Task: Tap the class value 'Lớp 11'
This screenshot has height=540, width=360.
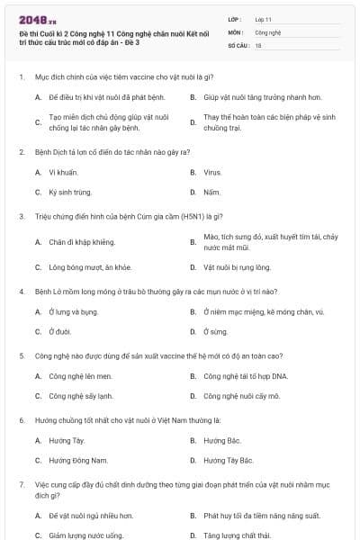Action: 264,18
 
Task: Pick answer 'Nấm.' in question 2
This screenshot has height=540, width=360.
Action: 211,192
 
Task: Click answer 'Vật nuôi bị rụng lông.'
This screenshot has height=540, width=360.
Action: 237,267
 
